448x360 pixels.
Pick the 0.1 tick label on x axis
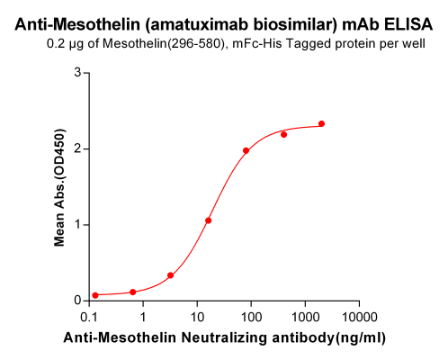90,317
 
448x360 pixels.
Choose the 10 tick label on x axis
197,317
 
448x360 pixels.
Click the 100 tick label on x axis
251,317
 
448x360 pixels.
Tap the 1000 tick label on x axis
305,317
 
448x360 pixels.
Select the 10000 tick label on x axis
359,317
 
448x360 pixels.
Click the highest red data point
321,123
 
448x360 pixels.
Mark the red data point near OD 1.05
208,220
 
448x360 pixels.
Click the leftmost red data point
95,295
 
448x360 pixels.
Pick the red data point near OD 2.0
246,150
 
